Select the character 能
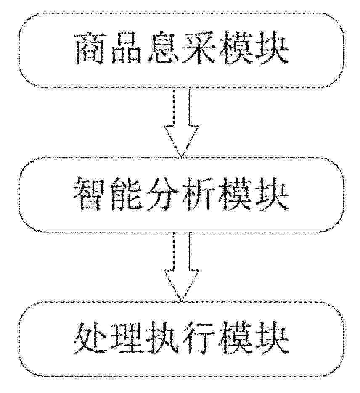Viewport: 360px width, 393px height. click(x=125, y=194)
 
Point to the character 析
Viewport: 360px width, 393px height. click(x=198, y=194)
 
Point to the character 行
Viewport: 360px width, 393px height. click(x=198, y=338)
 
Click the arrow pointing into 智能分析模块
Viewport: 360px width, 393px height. click(x=181, y=123)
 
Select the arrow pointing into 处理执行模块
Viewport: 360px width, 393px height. click(x=181, y=266)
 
